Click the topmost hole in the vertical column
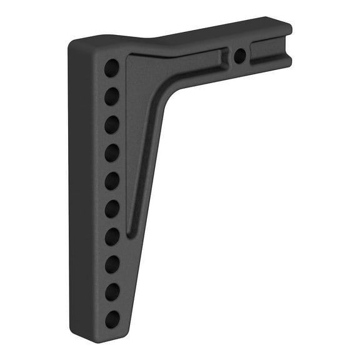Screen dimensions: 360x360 click(112, 67)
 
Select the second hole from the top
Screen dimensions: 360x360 click(112, 96)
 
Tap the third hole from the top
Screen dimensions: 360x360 click(112, 124)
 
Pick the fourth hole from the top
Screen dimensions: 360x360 click(112, 152)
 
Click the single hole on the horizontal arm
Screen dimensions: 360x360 click(239, 56)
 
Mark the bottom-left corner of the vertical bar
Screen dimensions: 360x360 click(74, 334)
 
